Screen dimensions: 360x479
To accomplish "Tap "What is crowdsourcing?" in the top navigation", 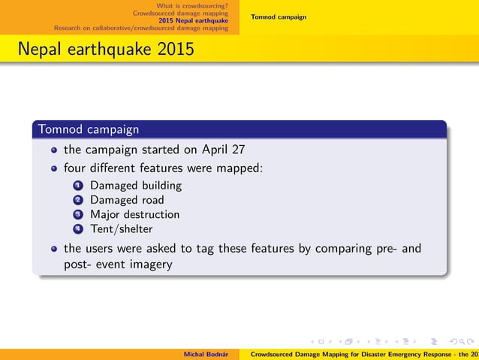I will point(191,6).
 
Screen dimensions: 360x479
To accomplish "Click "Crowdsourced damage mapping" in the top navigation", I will point(180,13).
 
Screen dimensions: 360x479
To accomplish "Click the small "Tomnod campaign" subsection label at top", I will point(279,17).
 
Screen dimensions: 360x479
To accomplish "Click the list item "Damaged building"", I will point(136,185).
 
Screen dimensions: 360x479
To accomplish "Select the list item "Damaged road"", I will point(127,200).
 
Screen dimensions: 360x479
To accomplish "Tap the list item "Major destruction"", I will point(134,214).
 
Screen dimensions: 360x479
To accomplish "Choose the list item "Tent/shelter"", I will point(121,228).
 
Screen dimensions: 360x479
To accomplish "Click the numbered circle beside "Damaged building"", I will point(78,185).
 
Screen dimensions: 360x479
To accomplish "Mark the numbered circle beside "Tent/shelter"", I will point(78,228).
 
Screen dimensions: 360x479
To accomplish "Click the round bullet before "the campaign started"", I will point(54,150).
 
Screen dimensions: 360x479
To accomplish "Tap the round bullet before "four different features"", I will point(54,168).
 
